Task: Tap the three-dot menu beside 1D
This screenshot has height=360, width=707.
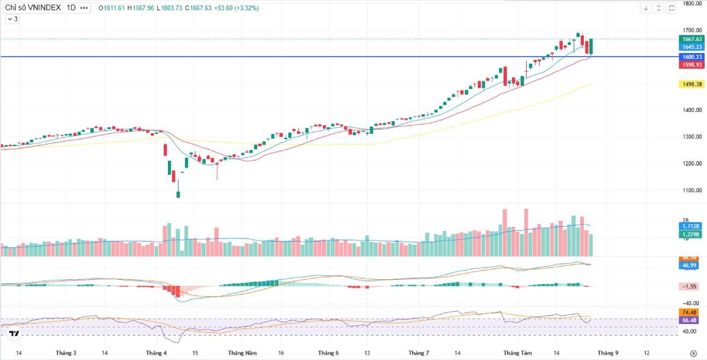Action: [x=84, y=8]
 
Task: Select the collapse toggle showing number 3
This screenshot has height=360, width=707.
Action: [x=12, y=19]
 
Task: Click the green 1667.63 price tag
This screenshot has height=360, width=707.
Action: [x=691, y=39]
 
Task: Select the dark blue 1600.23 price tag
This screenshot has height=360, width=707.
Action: [x=691, y=57]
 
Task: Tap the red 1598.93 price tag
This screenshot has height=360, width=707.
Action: [x=691, y=65]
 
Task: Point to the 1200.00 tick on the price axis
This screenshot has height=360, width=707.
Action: [x=691, y=163]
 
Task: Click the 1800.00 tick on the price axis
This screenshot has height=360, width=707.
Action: [x=691, y=4]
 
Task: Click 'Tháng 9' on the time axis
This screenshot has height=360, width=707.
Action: [x=609, y=353]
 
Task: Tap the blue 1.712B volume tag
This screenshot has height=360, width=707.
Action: [x=691, y=226]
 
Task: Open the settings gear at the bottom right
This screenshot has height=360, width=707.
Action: [x=693, y=353]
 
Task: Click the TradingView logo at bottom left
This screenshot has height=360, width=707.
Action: [x=14, y=334]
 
